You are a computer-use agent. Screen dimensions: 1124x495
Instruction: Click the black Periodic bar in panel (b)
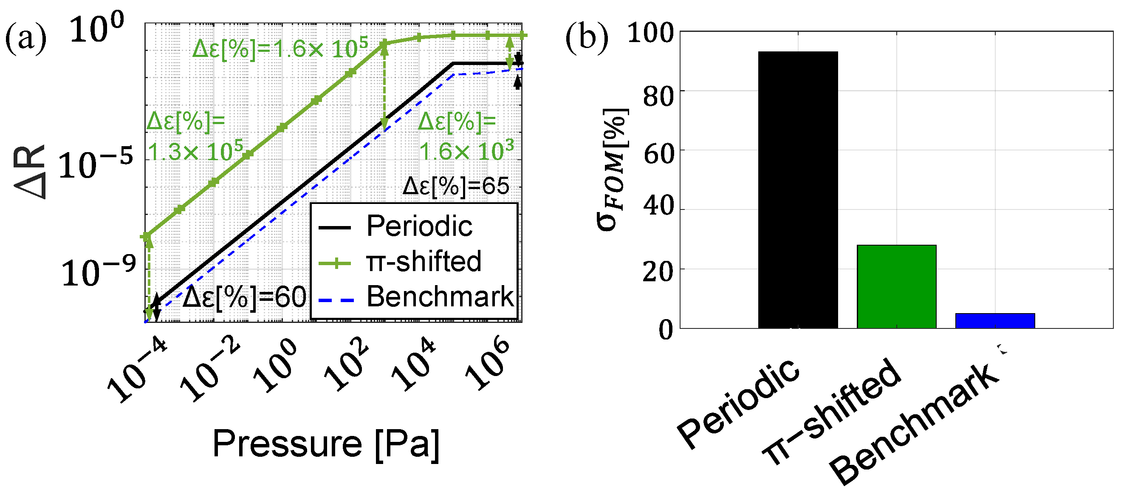798,190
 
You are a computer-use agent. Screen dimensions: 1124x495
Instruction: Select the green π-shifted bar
896,286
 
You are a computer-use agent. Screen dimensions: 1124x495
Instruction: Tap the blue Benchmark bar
995,320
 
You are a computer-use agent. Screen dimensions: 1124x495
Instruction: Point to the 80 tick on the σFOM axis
658,96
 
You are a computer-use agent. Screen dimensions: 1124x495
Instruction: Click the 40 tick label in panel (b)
658,206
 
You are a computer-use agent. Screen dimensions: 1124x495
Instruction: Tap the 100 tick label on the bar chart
650,33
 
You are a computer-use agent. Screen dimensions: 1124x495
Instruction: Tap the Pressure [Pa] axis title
326,444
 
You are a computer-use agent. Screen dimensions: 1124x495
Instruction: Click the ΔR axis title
30,172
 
